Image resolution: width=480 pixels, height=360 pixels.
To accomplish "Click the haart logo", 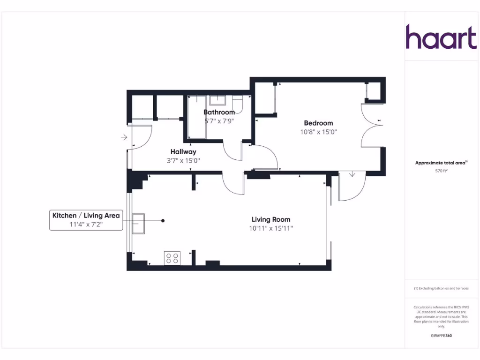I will pos(441,37).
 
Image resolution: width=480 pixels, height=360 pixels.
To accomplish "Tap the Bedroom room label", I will pos(318,123).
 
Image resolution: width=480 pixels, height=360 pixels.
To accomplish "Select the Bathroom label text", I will pos(219,112).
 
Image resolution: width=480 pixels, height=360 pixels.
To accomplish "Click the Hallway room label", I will pos(183,152).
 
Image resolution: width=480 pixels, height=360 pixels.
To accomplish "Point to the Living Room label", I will pos(271,219).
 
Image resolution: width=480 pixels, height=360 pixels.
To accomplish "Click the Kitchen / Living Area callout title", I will pos(86,216).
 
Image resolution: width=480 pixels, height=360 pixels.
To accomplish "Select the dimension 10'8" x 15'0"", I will pos(319,132).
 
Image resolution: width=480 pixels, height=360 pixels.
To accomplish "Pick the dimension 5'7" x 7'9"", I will pos(219,121).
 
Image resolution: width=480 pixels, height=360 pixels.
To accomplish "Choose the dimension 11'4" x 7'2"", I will pos(86,225).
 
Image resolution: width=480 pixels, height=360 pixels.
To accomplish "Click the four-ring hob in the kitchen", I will pos(172,258).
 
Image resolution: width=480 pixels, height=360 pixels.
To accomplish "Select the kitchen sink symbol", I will pos(138,223).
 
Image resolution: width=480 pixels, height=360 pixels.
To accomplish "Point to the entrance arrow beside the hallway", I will pos(124,137).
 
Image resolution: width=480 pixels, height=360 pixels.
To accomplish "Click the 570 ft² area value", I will pos(442,171).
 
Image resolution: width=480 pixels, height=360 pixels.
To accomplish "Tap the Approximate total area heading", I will pos(441,163).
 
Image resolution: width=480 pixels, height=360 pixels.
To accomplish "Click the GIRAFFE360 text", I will pos(441,336).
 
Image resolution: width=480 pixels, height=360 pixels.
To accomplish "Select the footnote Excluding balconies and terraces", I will pos(441,288).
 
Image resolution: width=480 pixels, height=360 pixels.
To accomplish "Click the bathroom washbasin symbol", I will pos(217,100).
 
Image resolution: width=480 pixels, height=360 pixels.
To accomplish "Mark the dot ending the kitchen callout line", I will pos(163,220).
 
